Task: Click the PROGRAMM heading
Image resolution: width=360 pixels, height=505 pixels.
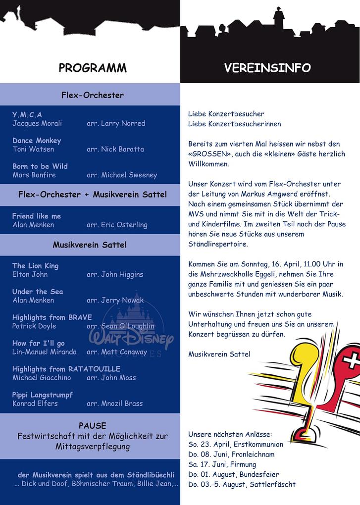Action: pos(92,68)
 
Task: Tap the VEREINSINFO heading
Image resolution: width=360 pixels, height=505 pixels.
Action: pos(267,68)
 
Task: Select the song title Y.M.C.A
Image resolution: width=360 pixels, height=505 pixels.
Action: pos(27,115)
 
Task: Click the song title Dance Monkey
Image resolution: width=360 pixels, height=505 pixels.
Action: pos(37,141)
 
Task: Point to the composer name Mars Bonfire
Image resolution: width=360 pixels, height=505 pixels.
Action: pos(34,175)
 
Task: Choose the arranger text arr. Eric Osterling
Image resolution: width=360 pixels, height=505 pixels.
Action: pos(117,225)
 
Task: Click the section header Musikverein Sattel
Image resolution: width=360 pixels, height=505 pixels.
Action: pos(90,245)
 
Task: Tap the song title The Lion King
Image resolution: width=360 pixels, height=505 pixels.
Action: pos(35,266)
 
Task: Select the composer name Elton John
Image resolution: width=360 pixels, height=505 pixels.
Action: pos(30,274)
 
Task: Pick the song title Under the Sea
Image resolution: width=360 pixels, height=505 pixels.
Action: pos(38,292)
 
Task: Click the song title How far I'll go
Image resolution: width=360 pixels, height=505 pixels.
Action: pos(39,343)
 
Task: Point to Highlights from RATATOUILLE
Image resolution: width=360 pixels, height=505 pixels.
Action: pos(66,369)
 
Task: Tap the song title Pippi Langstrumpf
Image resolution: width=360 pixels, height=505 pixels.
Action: pos(43,395)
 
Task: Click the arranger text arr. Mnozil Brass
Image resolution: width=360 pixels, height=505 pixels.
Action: pos(114,403)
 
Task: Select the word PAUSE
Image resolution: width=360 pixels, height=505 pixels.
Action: pos(93,426)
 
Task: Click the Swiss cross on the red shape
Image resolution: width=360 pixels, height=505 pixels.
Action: pos(351,361)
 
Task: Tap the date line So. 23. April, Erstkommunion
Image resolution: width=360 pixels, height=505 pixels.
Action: pos(229,444)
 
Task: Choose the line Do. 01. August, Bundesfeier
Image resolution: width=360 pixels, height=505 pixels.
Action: pos(233,474)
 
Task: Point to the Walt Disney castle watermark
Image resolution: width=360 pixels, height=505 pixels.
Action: pos(131,327)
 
